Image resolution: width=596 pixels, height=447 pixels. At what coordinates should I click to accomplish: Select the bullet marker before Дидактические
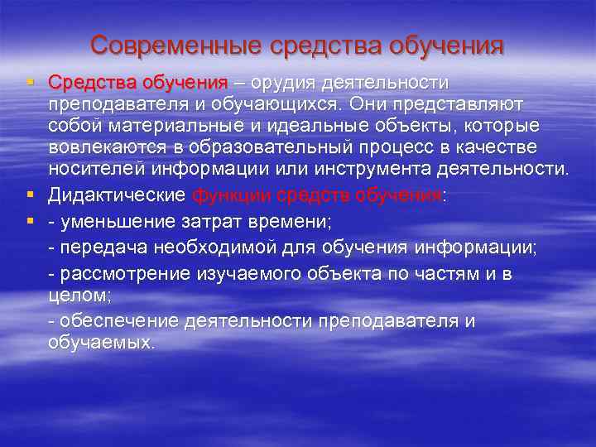pos(30,195)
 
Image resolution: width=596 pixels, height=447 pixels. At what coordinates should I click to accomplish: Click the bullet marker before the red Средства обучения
pos(30,83)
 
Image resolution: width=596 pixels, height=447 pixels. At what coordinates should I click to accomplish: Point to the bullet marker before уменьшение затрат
pos(30,221)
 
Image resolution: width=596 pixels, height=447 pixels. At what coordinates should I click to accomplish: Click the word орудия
pos(291,84)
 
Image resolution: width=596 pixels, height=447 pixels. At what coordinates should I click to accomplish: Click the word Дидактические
pos(117,195)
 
